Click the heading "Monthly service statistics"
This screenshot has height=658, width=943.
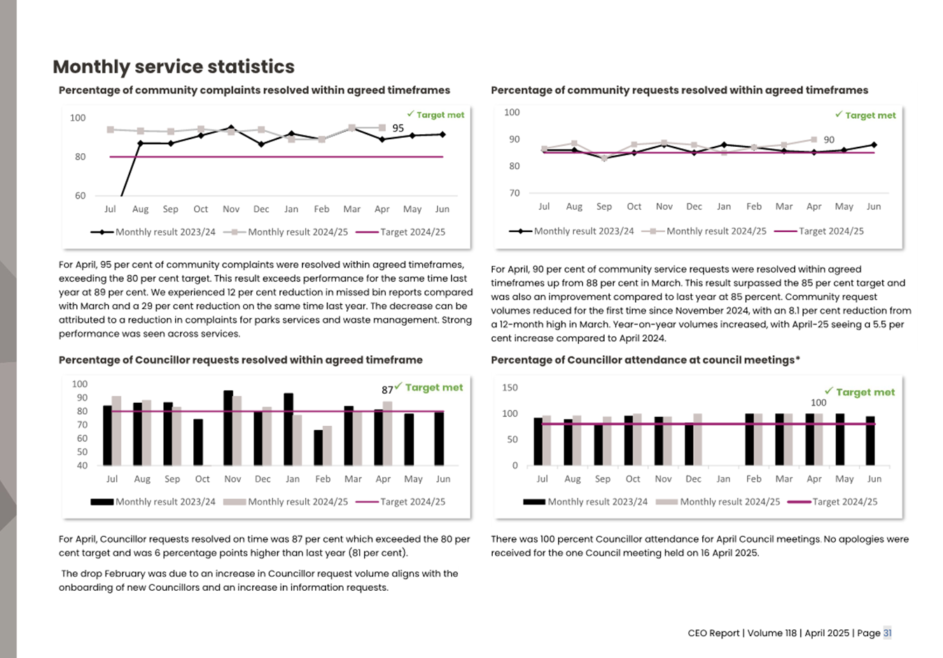coord(174,66)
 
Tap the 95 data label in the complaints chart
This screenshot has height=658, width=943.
coord(398,128)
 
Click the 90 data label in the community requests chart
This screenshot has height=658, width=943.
coord(829,140)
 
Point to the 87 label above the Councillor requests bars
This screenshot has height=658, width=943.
coord(387,390)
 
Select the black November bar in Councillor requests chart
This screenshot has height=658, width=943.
coord(228,428)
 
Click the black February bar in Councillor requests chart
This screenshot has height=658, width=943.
coord(319,448)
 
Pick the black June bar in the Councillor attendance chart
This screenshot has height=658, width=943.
coord(870,441)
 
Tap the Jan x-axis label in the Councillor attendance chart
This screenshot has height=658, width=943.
coord(723,479)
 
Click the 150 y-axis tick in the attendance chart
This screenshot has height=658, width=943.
coord(510,387)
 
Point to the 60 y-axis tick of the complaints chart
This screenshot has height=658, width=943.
coord(81,196)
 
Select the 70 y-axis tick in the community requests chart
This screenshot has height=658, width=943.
coord(515,193)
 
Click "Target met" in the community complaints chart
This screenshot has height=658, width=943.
coord(440,115)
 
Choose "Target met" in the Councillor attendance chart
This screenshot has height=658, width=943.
coord(865,392)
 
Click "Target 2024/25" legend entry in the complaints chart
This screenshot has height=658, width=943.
coord(412,232)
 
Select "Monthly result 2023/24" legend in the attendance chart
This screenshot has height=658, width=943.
coord(597,502)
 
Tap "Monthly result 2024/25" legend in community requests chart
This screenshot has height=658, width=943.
coord(716,231)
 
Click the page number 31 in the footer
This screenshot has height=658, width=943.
coord(887,633)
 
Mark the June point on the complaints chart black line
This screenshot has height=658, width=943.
coord(442,134)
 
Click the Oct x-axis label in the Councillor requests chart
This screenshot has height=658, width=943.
coord(202,479)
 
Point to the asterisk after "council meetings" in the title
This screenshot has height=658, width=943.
coord(797,359)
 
